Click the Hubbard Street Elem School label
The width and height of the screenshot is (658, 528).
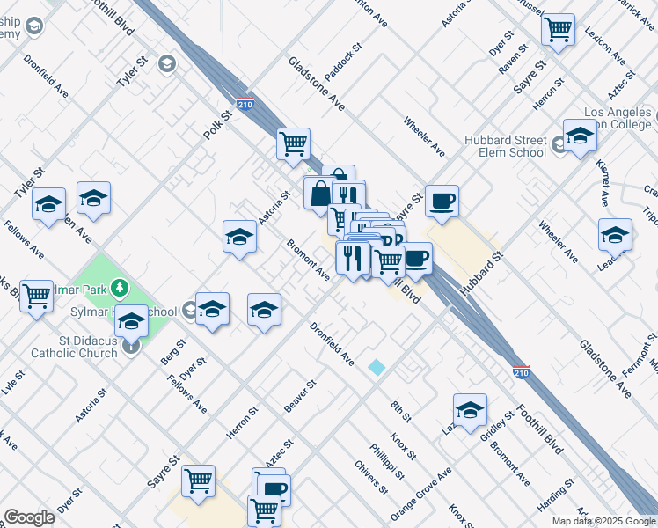point(506,146)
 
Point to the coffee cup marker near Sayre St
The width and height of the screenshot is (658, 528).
point(442,202)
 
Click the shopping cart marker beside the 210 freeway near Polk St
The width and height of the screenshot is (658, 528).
point(293,143)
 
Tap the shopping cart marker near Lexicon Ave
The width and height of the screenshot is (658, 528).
point(558,30)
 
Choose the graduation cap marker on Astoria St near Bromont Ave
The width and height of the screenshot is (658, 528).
point(240,237)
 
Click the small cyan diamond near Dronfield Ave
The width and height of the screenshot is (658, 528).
point(377,367)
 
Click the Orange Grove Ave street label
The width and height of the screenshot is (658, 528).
point(421,494)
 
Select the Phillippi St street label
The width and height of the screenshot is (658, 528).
point(387,461)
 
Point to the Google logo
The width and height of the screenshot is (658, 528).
point(29,517)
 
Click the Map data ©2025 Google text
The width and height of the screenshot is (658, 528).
point(603,521)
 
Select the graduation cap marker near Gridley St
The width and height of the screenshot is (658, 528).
point(470,409)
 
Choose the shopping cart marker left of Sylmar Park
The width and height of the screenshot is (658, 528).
point(37,297)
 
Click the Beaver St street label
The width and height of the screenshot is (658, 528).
point(300,396)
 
